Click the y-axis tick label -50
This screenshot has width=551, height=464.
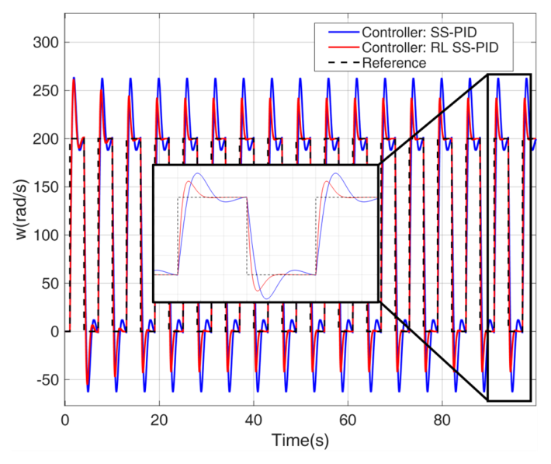click(x=47, y=380)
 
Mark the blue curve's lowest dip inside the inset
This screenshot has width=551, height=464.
click(x=267, y=298)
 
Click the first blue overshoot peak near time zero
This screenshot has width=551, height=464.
click(x=74, y=78)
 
